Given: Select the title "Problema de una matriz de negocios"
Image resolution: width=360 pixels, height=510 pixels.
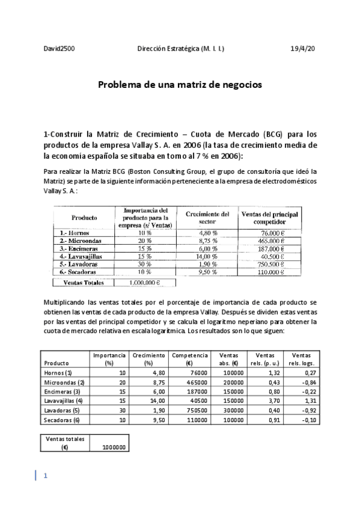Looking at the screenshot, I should (180, 85).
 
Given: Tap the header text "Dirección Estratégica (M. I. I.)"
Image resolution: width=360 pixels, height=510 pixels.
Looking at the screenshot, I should (181, 48).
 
